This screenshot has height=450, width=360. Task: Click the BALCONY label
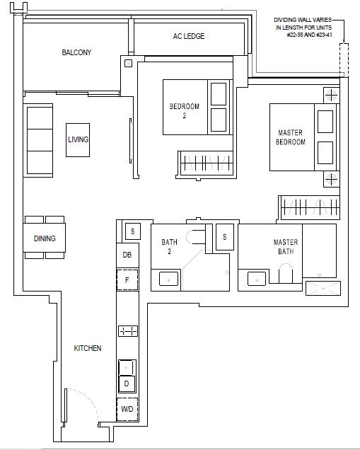click(76, 52)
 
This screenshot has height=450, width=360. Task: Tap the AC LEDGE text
click(189, 36)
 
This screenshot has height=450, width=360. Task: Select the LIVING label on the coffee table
click(78, 139)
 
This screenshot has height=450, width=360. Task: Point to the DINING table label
click(45, 238)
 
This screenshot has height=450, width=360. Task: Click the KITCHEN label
click(88, 348)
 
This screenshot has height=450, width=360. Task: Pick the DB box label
click(127, 255)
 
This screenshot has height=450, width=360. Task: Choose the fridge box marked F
click(127, 279)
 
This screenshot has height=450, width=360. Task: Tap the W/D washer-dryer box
click(127, 409)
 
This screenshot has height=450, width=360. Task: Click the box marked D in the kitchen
click(127, 383)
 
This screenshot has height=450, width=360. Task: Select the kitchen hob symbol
click(128, 331)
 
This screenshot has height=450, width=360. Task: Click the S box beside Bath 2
click(225, 237)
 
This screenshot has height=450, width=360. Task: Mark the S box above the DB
click(133, 231)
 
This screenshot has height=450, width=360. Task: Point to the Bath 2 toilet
click(196, 237)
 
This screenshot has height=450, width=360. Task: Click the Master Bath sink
click(257, 279)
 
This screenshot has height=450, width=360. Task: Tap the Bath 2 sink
click(168, 279)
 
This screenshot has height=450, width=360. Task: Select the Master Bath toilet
click(286, 273)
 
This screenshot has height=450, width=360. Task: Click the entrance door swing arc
click(90, 398)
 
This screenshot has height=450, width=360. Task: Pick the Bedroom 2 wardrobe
click(207, 163)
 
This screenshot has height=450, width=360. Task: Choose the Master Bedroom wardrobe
click(310, 207)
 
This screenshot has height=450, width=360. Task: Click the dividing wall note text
click(303, 28)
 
